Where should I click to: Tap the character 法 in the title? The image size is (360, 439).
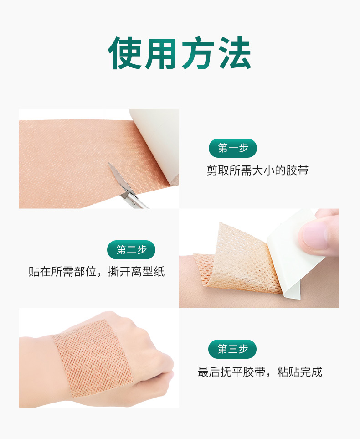(x=234, y=53)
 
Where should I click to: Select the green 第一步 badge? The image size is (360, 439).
(x=233, y=148)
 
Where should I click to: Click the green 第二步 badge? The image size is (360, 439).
(x=131, y=250)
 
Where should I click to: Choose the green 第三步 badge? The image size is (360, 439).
(x=232, y=349)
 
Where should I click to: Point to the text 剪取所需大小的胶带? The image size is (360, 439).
(x=257, y=170)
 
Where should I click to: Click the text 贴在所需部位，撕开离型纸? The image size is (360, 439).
(x=97, y=272)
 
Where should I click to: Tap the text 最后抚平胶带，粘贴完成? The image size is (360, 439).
(x=260, y=372)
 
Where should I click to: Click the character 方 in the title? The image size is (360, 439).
(x=198, y=53)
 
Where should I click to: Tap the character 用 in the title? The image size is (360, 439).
(x=162, y=53)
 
